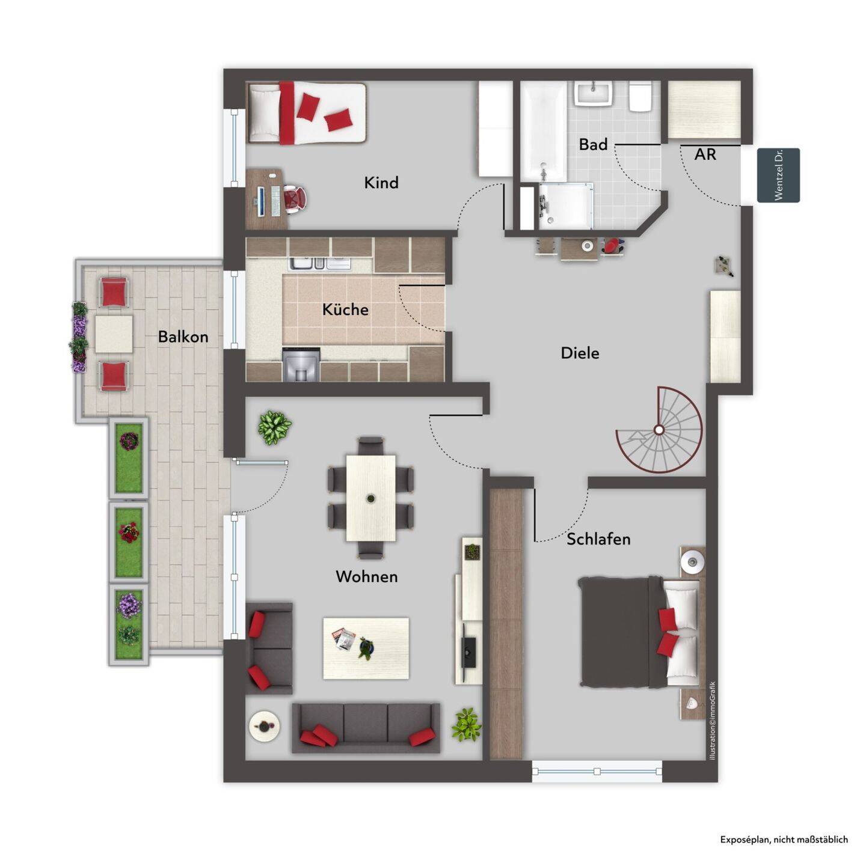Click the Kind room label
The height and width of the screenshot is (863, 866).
click(x=381, y=183)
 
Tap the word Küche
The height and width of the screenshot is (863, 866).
click(x=345, y=309)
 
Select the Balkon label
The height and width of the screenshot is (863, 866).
click(x=183, y=337)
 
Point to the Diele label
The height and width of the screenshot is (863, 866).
click(x=580, y=353)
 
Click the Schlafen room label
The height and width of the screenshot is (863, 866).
click(x=598, y=539)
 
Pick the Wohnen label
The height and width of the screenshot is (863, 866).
click(x=367, y=576)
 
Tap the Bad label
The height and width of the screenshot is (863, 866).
click(x=593, y=145)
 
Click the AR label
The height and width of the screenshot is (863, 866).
click(x=705, y=154)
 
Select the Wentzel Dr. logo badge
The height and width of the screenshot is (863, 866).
click(x=778, y=175)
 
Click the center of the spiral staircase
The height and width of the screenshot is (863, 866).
click(x=659, y=430)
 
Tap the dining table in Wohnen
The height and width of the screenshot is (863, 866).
click(x=371, y=498)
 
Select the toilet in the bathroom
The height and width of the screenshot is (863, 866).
click(x=640, y=97)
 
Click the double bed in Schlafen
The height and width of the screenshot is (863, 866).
click(x=640, y=633)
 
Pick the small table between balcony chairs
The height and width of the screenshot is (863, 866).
click(x=114, y=334)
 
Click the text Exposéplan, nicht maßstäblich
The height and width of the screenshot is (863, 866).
click(x=784, y=839)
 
